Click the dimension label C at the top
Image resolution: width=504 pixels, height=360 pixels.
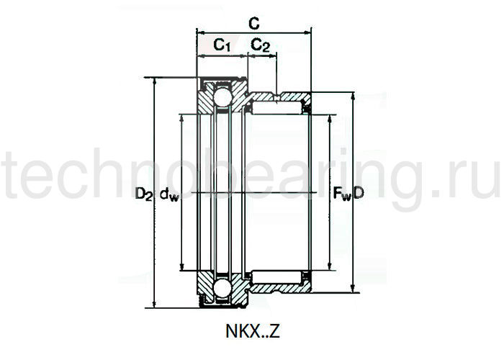click(x=253, y=22)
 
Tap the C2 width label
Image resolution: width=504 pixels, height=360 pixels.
click(x=261, y=45)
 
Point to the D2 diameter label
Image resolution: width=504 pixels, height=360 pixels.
click(x=143, y=193)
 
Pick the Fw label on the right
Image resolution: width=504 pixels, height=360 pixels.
click(x=341, y=193)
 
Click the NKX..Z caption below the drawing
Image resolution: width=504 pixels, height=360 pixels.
click(x=251, y=332)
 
